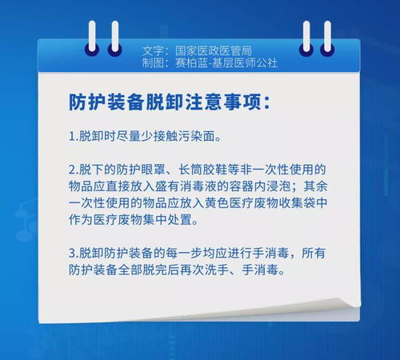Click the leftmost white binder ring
click(x=92, y=36)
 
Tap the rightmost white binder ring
click(x=328, y=36)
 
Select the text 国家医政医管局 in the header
click(x=214, y=50)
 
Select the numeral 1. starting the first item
click(x=74, y=137)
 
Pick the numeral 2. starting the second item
click(x=74, y=170)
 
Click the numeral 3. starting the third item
click(x=74, y=253)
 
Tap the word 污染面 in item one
click(x=196, y=137)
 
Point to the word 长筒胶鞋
click(x=202, y=170)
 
